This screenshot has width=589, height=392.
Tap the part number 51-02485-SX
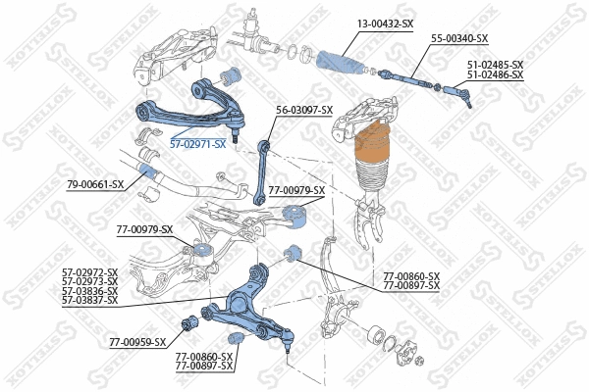495,65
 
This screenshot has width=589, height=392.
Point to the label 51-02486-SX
495,73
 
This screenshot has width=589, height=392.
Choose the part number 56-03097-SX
304,110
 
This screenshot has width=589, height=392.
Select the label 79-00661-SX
95,184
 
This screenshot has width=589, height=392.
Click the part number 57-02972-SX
89,272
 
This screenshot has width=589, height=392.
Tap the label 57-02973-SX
89,281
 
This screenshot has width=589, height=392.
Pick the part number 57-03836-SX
89,290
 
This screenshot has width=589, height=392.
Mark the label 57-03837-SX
89,299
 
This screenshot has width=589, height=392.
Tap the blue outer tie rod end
457,95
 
